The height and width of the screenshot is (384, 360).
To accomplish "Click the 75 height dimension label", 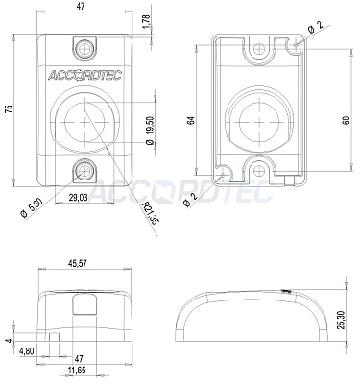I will pyautogui.click(x=11, y=109).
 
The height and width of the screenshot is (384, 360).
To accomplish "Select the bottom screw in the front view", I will pyautogui.click(x=84, y=171).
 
